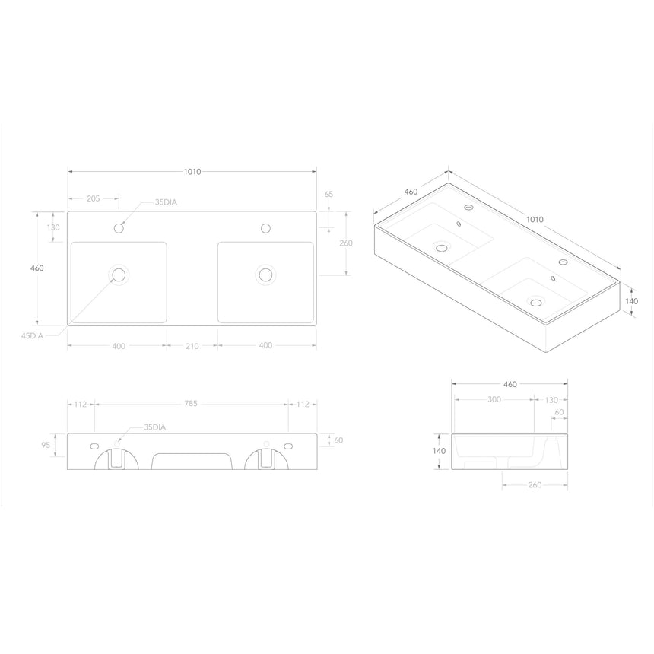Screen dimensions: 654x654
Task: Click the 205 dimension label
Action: tap(94, 198)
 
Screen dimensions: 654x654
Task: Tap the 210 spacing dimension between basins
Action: tap(192, 346)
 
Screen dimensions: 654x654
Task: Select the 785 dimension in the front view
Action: tap(191, 404)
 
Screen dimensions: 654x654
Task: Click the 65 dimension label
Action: tap(329, 194)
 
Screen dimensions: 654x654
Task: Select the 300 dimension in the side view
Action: tap(494, 399)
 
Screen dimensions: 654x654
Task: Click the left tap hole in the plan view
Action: tap(119, 227)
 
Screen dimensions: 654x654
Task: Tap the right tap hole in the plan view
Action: tap(265, 227)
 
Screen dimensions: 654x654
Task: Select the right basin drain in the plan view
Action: tap(265, 275)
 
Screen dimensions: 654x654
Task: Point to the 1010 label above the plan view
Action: tap(192, 172)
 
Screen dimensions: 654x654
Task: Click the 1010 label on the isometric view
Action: tap(535, 219)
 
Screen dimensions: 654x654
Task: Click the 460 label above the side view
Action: tap(510, 384)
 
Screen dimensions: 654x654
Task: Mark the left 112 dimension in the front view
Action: tap(81, 404)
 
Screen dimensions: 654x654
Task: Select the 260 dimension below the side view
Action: tap(534, 484)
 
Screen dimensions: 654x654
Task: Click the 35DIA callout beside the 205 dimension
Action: tap(167, 202)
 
